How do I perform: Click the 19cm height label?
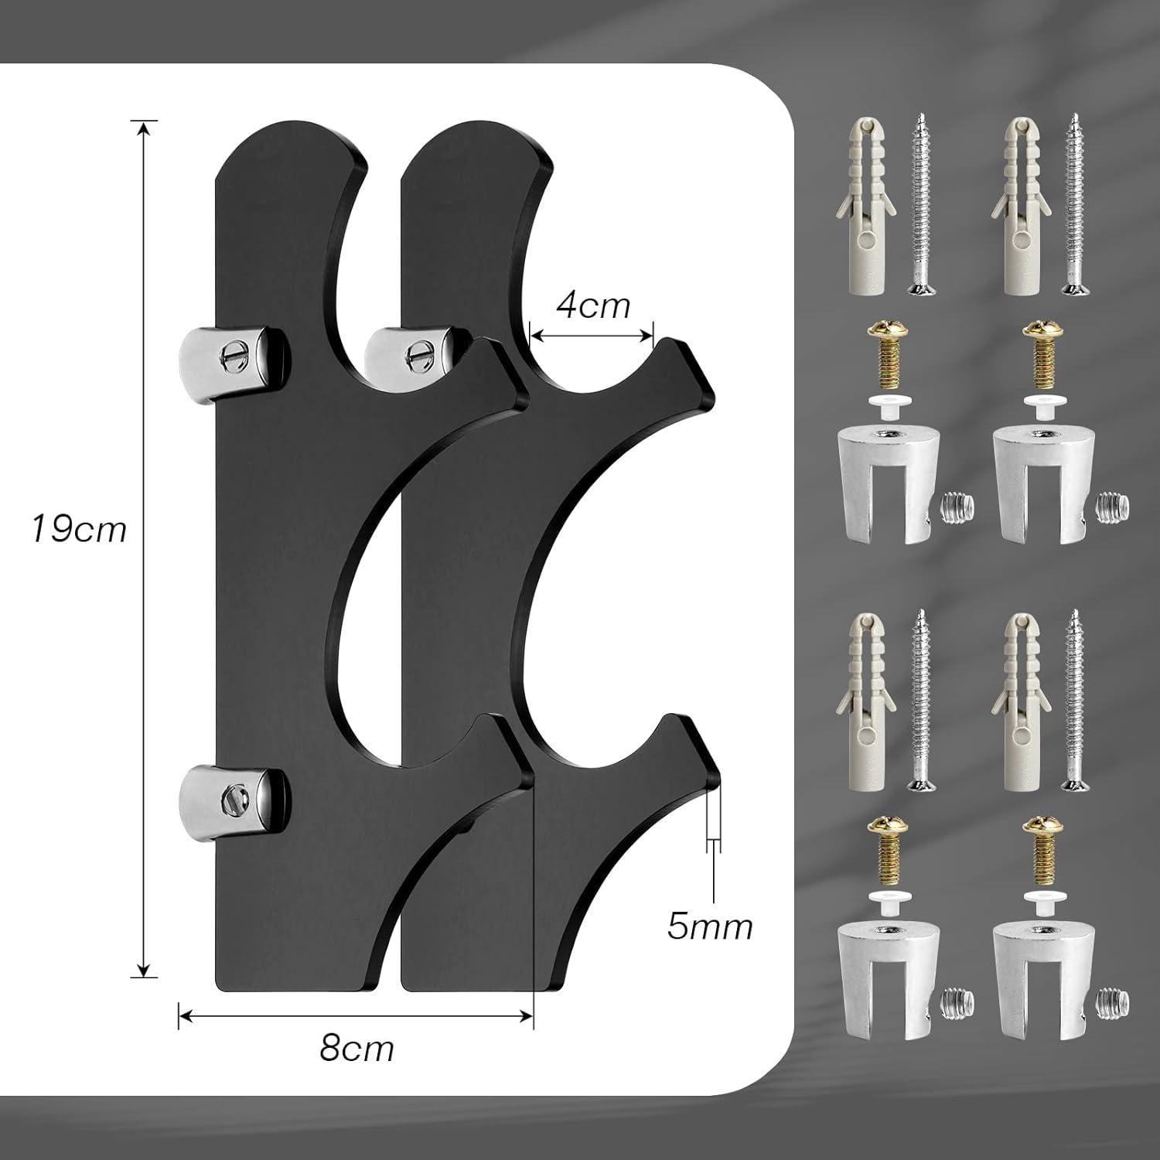[x=78, y=531]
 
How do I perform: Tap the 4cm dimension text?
[x=593, y=306]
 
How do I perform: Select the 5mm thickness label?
[x=710, y=926]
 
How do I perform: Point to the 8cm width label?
[x=357, y=1049]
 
